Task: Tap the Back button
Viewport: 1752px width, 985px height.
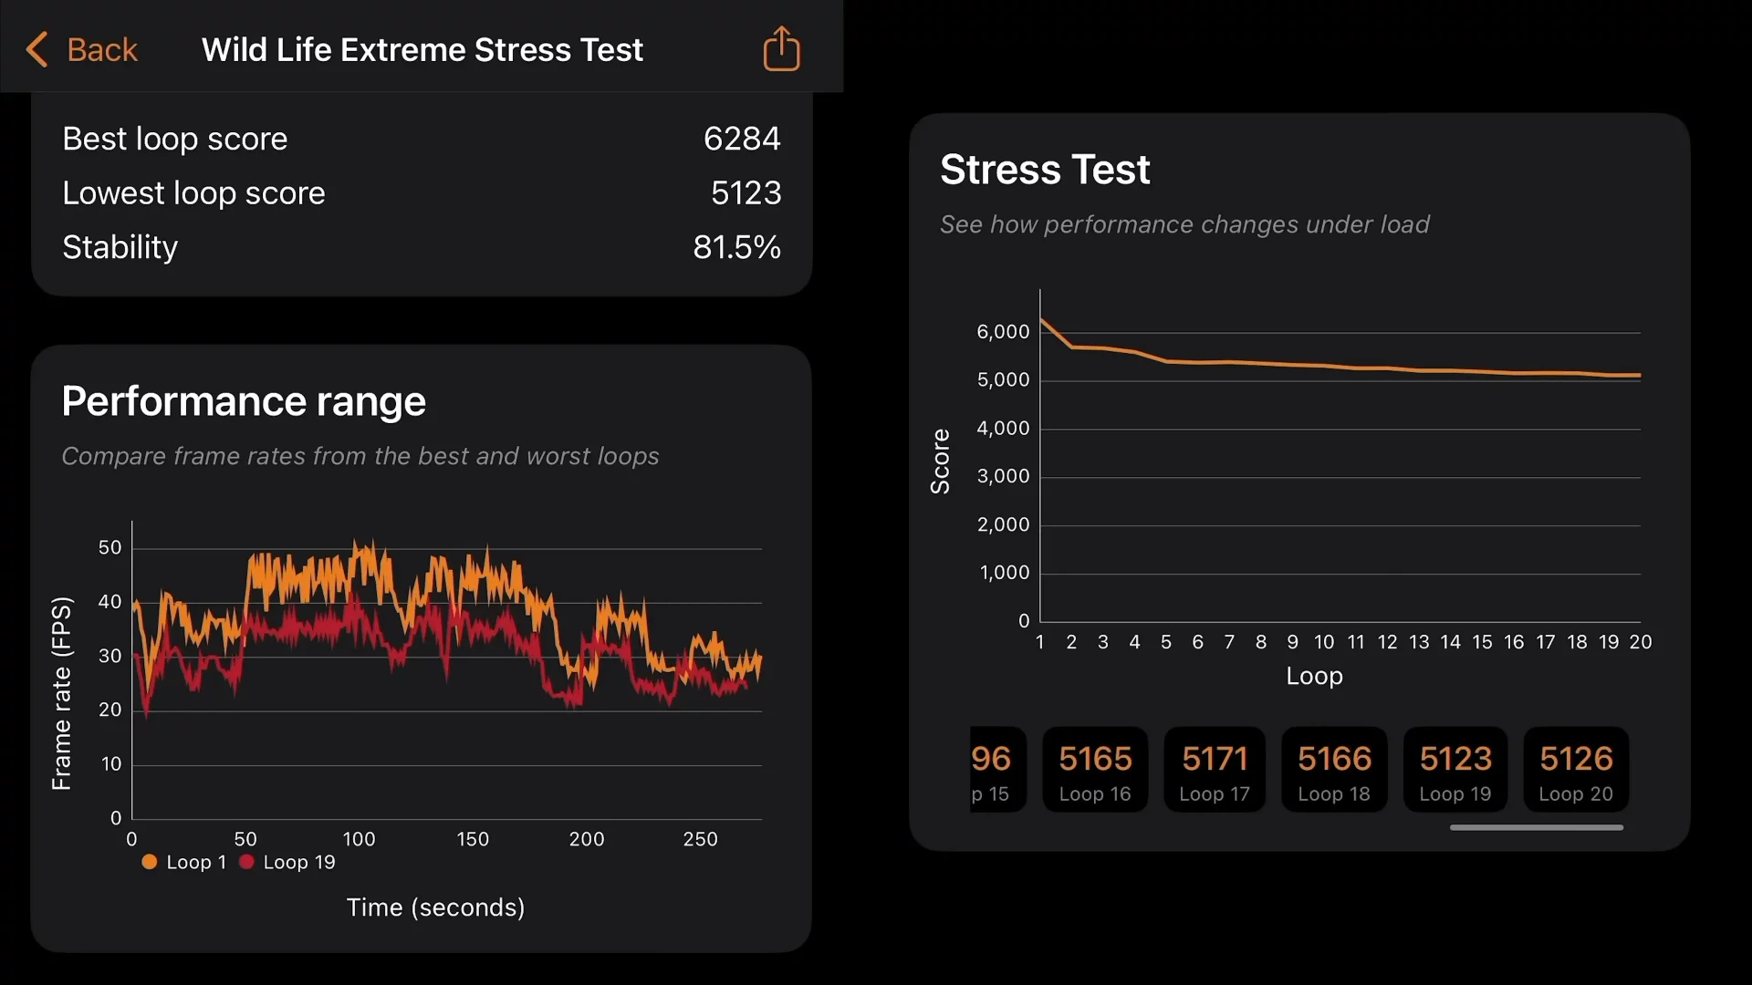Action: (x=83, y=49)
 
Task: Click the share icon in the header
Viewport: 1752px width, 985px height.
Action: (x=781, y=48)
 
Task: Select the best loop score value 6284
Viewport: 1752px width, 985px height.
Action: (x=741, y=139)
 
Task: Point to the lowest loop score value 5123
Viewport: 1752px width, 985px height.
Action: (x=746, y=192)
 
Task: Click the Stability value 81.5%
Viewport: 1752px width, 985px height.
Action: (x=736, y=247)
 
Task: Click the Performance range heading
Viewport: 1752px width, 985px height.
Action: (x=244, y=401)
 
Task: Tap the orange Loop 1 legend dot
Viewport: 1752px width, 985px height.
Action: (x=150, y=862)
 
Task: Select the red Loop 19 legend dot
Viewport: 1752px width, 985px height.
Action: (x=246, y=862)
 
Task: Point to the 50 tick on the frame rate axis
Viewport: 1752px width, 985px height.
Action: (x=109, y=547)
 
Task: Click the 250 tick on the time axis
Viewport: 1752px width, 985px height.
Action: (x=700, y=839)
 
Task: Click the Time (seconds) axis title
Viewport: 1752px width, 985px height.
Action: (x=435, y=907)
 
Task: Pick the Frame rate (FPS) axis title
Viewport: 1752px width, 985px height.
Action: (x=61, y=693)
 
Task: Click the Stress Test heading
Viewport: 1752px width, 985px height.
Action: (x=1045, y=170)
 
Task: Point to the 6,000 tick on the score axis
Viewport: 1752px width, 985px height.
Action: (x=1003, y=332)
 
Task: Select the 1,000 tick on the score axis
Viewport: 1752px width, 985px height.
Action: (x=1004, y=573)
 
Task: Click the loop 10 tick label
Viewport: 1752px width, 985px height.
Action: (x=1324, y=642)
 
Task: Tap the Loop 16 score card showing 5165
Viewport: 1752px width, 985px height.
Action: (x=1095, y=770)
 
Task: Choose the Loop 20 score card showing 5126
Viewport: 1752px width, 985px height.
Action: (x=1576, y=770)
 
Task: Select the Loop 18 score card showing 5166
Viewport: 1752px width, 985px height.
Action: (x=1334, y=770)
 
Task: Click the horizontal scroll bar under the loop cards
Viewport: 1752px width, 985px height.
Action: (x=1537, y=827)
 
